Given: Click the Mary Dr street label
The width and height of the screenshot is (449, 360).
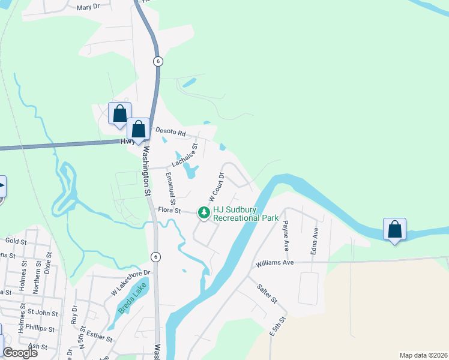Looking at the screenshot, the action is [x=88, y=8].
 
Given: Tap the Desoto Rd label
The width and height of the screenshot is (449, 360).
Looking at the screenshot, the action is [x=171, y=130].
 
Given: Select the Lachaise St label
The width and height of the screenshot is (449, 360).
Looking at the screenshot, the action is [x=185, y=155].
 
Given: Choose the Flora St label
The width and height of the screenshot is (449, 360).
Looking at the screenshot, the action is [x=170, y=210].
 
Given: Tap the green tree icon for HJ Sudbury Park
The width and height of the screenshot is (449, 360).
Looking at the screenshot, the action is [x=204, y=212].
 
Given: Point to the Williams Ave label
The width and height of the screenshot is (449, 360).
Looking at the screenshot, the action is [x=274, y=263].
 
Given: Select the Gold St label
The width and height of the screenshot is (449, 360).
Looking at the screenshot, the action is [x=17, y=241].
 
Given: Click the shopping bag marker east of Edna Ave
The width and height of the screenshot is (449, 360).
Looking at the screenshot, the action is [x=394, y=230].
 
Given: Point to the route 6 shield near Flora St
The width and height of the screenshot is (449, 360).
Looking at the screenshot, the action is [x=156, y=256].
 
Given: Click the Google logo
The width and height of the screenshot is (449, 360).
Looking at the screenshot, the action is [x=20, y=353].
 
